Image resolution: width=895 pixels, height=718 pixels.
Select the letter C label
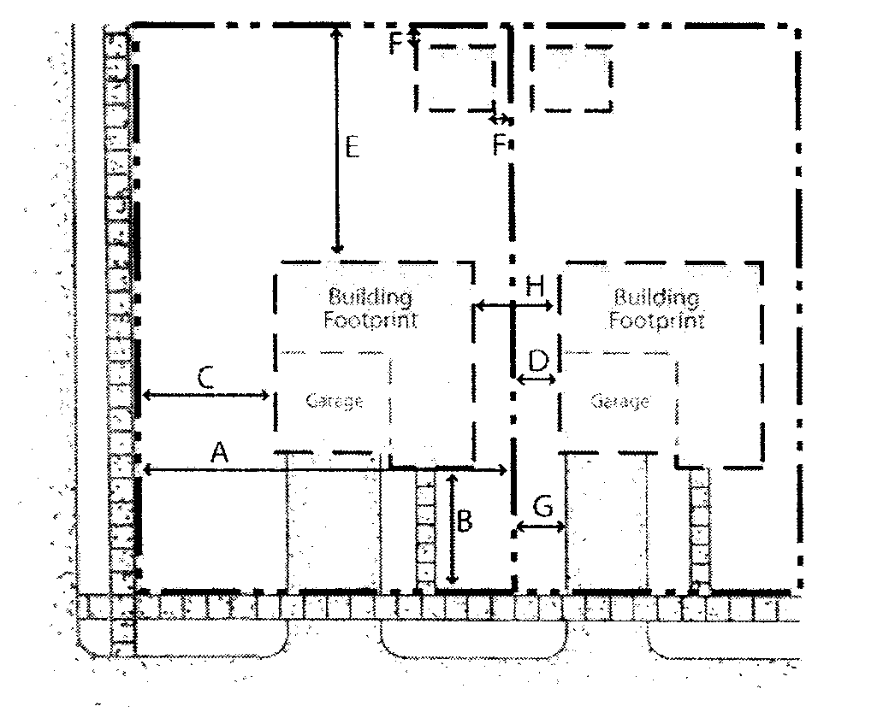[205, 376]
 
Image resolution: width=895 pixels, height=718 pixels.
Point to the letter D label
[537, 360]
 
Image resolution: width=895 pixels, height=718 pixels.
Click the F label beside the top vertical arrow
[395, 43]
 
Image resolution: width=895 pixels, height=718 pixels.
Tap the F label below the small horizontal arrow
[500, 145]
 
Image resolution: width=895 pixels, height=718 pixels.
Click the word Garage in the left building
[335, 401]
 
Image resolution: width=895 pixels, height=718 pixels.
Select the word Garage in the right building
[620, 401]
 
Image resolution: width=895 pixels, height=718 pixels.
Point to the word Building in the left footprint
[370, 297]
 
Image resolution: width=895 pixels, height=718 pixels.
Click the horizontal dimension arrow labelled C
[206, 394]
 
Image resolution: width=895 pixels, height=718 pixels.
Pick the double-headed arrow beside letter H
[492, 303]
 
